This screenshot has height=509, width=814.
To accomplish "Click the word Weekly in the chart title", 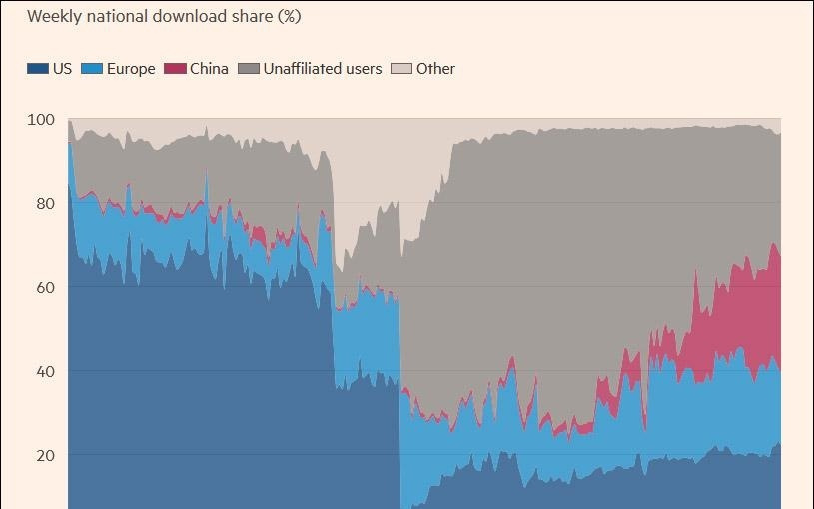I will [54, 17].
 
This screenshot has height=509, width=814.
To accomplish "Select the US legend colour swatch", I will [37, 69].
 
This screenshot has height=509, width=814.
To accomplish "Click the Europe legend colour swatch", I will [92, 69].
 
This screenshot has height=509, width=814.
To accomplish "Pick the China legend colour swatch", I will [176, 69].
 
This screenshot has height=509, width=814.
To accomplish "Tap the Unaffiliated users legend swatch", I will [249, 69].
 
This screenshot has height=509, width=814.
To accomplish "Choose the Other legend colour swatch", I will [402, 69].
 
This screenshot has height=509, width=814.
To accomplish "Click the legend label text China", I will [209, 69].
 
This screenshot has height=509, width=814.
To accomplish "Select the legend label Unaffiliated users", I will [323, 69].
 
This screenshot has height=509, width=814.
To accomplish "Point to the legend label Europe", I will [131, 69].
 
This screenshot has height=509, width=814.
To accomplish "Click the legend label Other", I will [435, 69].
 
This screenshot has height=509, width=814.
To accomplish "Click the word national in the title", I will [116, 17].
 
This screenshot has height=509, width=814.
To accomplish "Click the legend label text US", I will [62, 69].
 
